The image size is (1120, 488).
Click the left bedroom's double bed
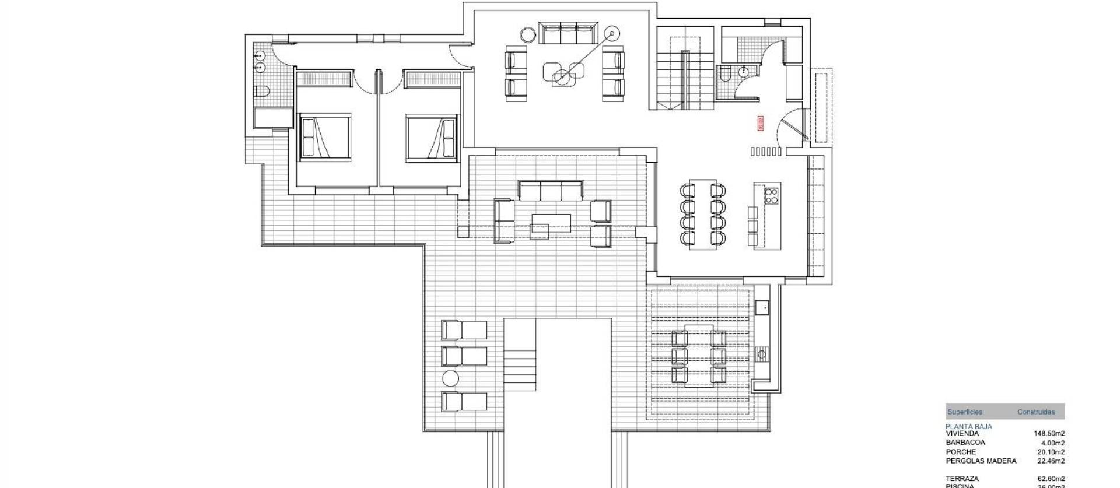pos(325,137)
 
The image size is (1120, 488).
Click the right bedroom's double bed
pos(430,137)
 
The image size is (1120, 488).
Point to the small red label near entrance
pos(760,124)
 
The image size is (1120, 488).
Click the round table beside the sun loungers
pos(450,378)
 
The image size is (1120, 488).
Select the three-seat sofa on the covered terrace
pos(551,191)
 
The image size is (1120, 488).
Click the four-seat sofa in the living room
pos(568,33)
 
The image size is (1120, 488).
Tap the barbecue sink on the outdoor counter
pos(761,306)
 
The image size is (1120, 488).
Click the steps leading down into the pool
pos(520,370)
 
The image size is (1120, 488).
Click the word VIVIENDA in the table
pos(963,434)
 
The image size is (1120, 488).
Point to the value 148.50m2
pos(1049,434)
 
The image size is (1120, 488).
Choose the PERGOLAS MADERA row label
pos(981,461)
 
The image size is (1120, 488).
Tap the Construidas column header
pos(1036,412)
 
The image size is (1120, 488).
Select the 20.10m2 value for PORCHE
pos(1052,452)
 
